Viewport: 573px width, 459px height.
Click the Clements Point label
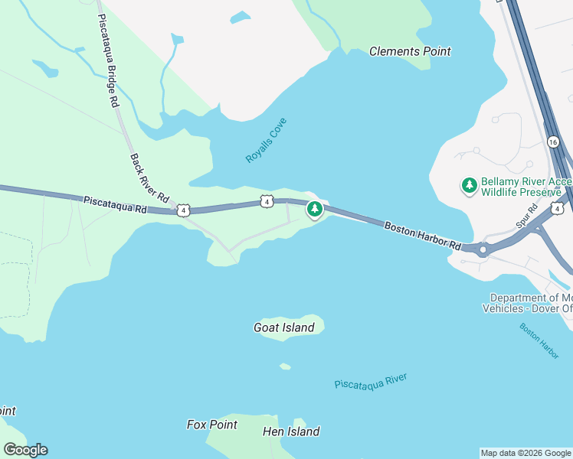coord(410,51)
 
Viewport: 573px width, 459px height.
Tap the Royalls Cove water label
coord(266,140)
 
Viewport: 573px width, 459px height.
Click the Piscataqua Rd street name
coord(115,203)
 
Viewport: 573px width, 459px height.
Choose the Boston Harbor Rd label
coord(423,236)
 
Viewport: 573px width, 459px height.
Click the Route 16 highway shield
coord(553,142)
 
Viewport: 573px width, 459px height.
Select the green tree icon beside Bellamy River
coord(469,185)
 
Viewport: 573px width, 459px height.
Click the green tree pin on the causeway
coord(313,209)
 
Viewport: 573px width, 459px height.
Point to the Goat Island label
coord(284,327)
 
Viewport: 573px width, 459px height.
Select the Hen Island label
coord(291,431)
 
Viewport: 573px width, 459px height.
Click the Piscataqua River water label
coord(371,381)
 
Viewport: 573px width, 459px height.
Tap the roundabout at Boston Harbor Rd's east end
coord(483,249)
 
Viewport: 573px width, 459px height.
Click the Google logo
coord(25,450)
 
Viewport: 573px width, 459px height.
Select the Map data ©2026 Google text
coord(526,453)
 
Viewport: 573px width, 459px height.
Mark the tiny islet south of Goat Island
coord(285,366)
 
